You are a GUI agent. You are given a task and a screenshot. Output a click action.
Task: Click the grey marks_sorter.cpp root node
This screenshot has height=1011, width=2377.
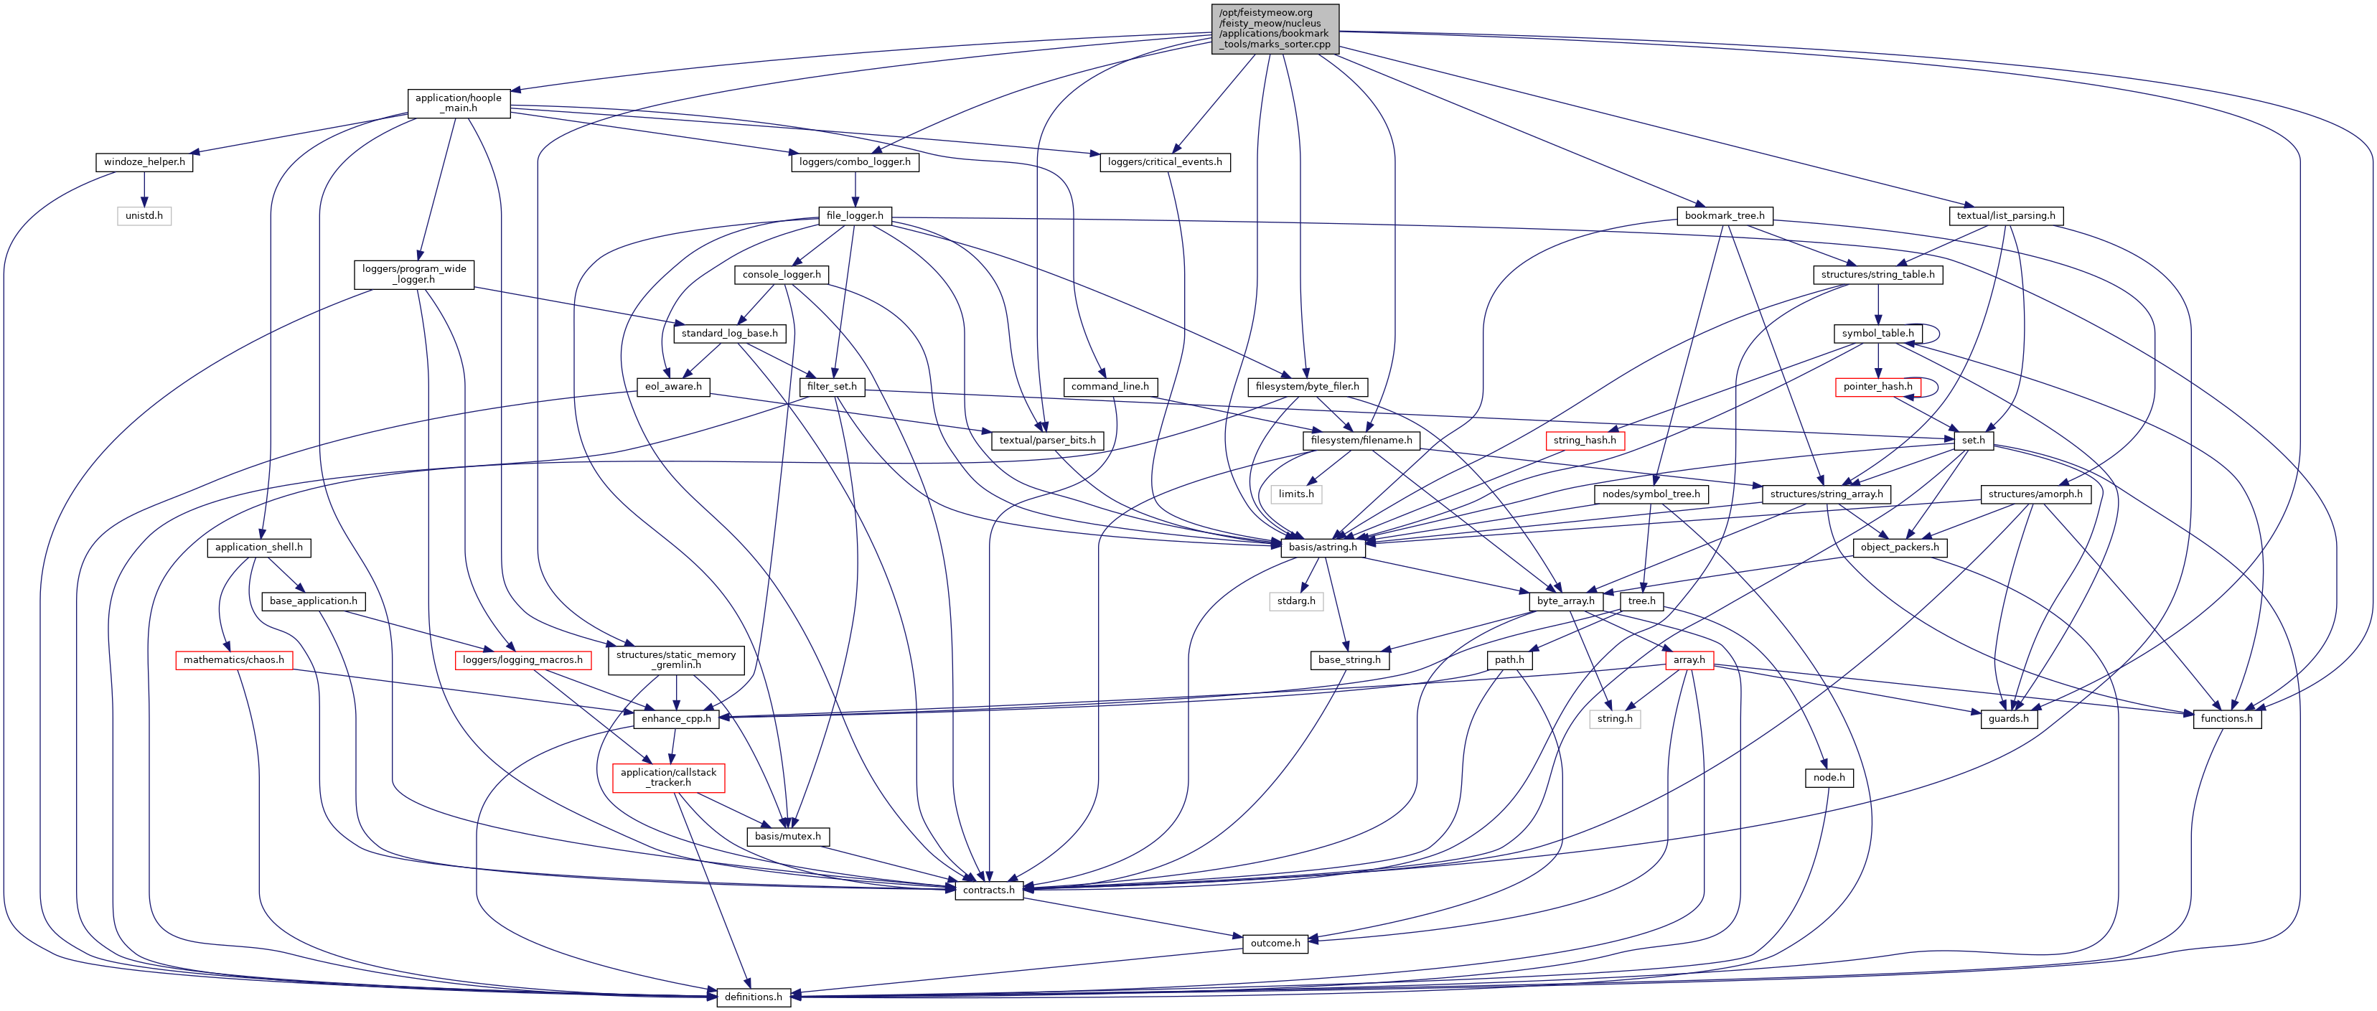click(1275, 29)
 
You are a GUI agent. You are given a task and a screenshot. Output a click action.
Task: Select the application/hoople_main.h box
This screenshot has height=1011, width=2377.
click(459, 103)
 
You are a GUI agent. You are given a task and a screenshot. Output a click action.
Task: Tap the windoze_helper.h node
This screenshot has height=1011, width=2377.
click(144, 162)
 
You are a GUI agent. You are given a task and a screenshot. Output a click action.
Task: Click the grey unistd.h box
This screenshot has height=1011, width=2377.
click(144, 216)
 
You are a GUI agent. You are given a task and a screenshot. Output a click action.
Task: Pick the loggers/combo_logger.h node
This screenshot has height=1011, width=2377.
click(855, 162)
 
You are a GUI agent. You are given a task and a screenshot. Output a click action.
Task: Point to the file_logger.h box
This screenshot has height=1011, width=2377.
click(855, 216)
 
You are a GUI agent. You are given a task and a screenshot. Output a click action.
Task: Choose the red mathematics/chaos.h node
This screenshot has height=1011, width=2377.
click(233, 660)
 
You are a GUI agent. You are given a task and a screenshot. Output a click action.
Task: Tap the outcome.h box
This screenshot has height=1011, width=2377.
click(1275, 944)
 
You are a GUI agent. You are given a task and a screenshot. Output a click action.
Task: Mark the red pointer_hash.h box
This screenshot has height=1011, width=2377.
click(1877, 387)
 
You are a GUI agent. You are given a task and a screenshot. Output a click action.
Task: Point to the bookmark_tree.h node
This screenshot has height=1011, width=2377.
click(1724, 216)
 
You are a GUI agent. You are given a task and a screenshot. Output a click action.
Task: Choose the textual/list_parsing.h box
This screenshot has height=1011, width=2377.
click(2005, 216)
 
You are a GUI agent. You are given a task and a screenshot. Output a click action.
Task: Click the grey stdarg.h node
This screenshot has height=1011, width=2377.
click(1295, 601)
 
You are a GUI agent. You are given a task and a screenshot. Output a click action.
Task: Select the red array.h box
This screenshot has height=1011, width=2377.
click(1689, 660)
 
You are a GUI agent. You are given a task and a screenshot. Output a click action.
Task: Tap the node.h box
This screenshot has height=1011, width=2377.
click(1828, 778)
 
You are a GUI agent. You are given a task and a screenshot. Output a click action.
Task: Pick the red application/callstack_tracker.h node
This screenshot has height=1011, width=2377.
click(668, 778)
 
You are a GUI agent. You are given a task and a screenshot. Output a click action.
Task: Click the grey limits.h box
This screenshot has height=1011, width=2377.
click(1295, 494)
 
